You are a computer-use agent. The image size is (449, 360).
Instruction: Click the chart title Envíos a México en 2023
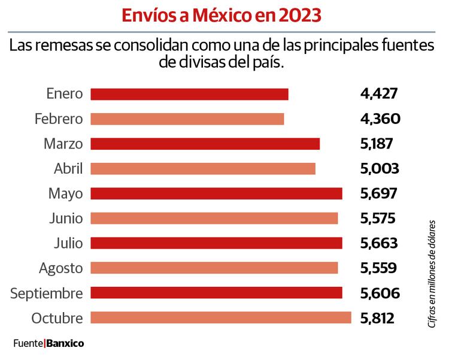pyautogui.click(x=221, y=15)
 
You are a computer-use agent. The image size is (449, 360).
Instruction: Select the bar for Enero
pyautogui.click(x=189, y=94)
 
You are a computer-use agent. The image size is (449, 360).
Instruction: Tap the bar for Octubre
pyautogui.click(x=220, y=318)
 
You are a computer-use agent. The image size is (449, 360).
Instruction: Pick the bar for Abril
pyautogui.click(x=202, y=169)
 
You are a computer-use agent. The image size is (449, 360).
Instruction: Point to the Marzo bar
pyautogui.click(x=205, y=144)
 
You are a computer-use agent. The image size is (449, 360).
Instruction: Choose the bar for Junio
pyautogui.click(x=214, y=219)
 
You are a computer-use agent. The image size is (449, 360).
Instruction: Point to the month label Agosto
pyautogui.click(x=60, y=268)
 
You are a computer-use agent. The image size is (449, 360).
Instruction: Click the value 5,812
pyautogui.click(x=377, y=318)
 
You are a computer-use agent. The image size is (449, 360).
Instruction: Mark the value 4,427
pyautogui.click(x=379, y=94)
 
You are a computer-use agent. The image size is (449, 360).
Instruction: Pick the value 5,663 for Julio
pyautogui.click(x=378, y=243)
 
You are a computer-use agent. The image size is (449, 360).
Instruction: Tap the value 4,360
pyautogui.click(x=380, y=119)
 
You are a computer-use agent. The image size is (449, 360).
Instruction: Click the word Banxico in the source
pyautogui.click(x=65, y=344)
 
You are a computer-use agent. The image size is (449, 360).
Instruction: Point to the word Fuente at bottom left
pyautogui.click(x=28, y=344)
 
